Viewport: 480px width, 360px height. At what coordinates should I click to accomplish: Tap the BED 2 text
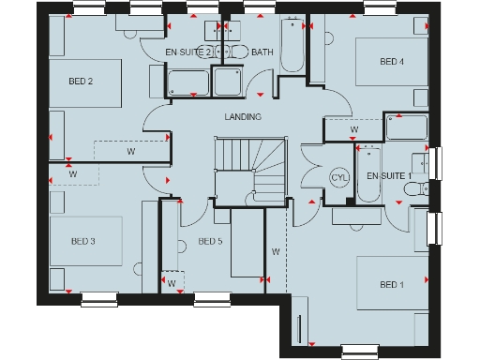pyautogui.click(x=81, y=82)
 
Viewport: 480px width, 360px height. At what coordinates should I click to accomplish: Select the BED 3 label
pyautogui.click(x=83, y=241)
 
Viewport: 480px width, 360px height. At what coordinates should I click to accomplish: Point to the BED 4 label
pyautogui.click(x=392, y=62)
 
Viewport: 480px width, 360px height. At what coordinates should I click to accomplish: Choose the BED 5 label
pyautogui.click(x=211, y=241)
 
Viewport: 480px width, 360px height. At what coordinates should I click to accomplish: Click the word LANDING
pyautogui.click(x=243, y=116)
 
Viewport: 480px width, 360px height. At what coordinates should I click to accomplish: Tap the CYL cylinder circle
pyautogui.click(x=338, y=177)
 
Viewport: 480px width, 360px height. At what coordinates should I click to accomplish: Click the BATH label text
pyautogui.click(x=262, y=52)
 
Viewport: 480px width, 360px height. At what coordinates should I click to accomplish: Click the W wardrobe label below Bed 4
pyautogui.click(x=354, y=129)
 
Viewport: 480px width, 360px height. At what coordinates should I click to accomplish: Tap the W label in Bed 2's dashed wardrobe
pyautogui.click(x=130, y=151)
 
